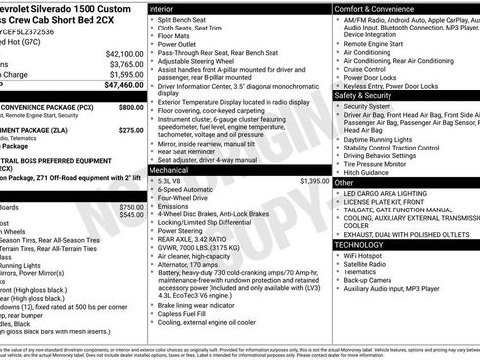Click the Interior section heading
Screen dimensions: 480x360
point(164,8)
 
